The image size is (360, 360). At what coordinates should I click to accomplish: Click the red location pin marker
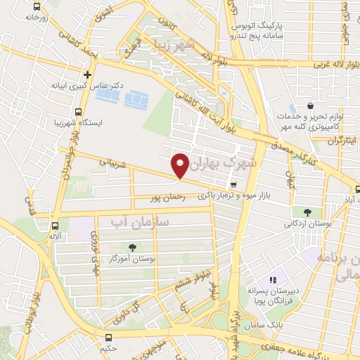pos(181,165)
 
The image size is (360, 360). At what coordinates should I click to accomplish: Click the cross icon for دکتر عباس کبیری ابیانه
pos(87,74)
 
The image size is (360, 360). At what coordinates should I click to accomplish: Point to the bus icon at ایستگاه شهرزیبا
pos(77,110)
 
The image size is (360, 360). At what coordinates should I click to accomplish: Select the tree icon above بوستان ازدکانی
pos(307,212)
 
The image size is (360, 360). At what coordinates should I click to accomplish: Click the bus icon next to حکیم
pos(109,337)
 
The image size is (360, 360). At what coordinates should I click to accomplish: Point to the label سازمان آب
pos(141,222)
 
